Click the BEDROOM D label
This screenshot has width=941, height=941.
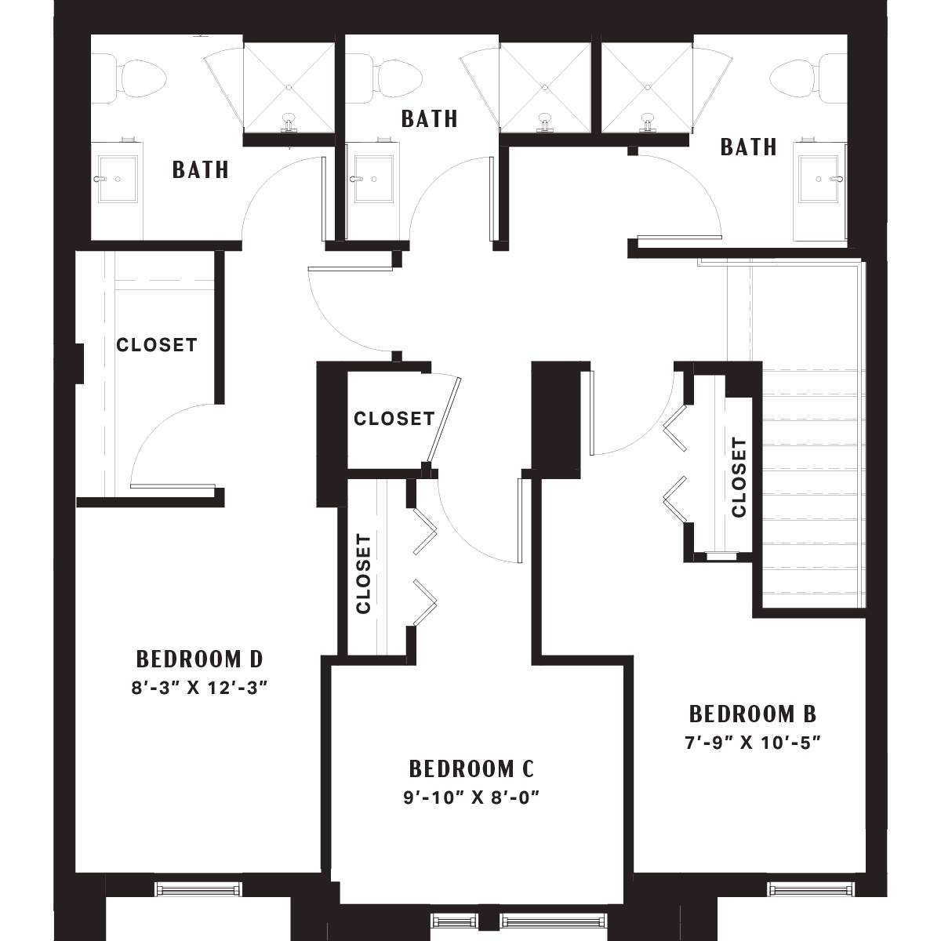click(x=199, y=659)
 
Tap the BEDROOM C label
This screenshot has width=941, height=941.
click(x=472, y=769)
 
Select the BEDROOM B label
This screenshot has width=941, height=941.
click(x=753, y=714)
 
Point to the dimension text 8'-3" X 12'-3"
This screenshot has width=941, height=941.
click(x=199, y=688)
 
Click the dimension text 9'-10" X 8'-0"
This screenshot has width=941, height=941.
click(x=471, y=797)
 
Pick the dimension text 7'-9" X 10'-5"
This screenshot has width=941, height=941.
click(x=753, y=743)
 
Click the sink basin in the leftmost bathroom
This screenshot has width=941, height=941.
click(x=118, y=180)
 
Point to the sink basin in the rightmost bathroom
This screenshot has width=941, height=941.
click(x=819, y=180)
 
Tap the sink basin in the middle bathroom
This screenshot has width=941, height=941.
click(x=373, y=180)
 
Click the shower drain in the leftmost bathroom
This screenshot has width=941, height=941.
click(x=289, y=87)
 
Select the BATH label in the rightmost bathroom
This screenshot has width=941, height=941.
click(x=749, y=147)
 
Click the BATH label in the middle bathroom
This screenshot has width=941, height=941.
click(x=430, y=118)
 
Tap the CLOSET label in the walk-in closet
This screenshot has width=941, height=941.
click(x=157, y=345)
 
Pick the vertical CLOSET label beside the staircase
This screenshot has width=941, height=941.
click(x=739, y=477)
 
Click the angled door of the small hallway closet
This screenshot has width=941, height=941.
click(x=444, y=420)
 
